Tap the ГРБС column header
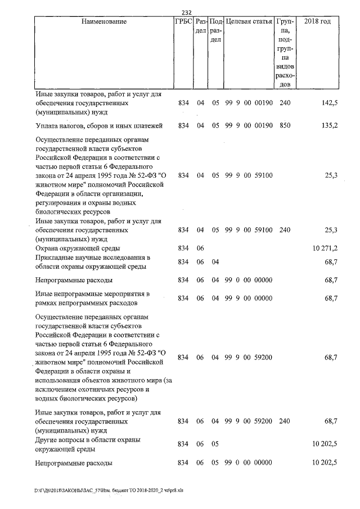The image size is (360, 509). click(x=183, y=21)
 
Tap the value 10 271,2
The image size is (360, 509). click(x=324, y=248)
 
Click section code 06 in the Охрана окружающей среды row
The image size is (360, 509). click(x=199, y=248)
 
